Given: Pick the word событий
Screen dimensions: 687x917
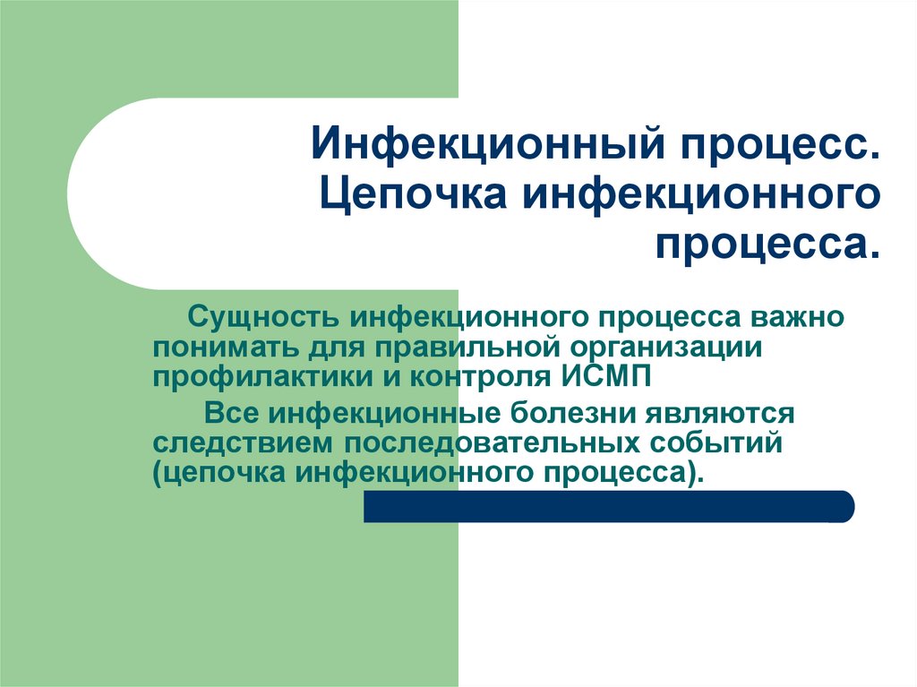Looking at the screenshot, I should click(x=712, y=444).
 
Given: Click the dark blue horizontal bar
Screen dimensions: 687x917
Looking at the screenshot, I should click(x=609, y=506).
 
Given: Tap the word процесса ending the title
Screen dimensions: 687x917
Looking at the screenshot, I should click(x=762, y=244).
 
